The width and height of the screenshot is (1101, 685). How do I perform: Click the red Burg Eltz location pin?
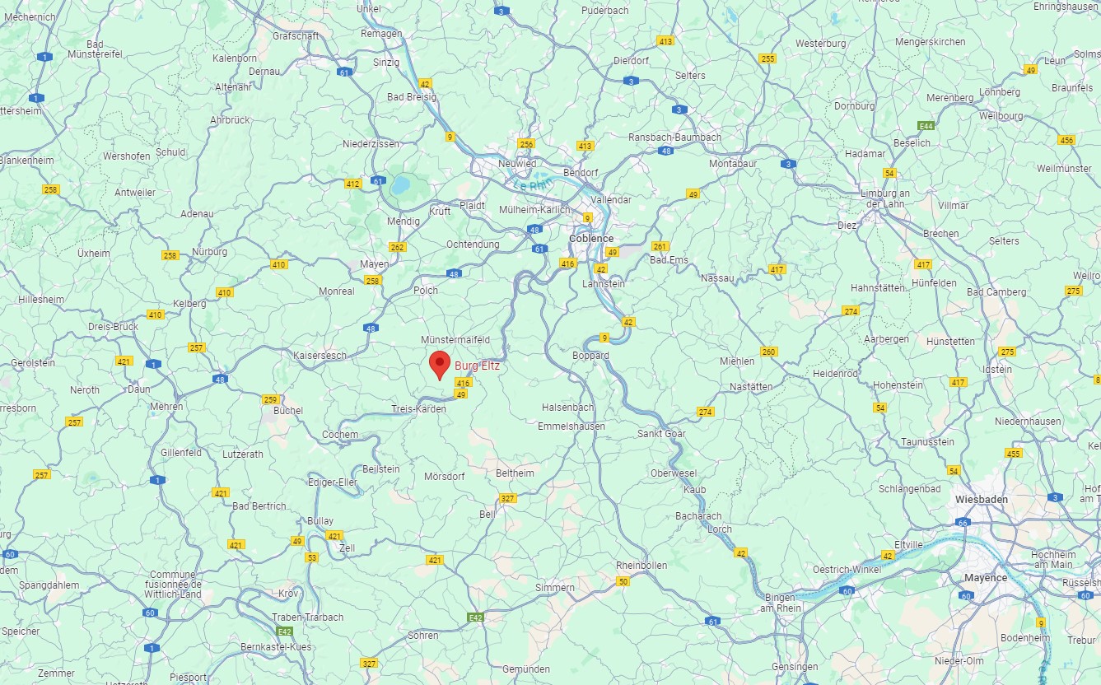tap(441, 363)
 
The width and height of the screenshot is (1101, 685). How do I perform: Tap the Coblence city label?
tap(591, 238)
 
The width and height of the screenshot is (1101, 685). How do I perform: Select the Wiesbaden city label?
tap(982, 500)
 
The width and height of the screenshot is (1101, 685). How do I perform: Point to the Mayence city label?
tap(986, 577)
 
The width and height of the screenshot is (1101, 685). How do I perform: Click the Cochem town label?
tap(340, 435)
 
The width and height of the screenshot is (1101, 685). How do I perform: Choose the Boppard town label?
tap(590, 356)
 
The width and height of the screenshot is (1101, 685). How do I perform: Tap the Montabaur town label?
tap(733, 164)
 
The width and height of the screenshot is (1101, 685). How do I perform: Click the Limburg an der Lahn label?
tap(883, 198)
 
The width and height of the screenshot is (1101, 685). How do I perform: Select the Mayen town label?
tap(375, 264)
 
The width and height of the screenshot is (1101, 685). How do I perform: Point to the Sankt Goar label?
tap(661, 433)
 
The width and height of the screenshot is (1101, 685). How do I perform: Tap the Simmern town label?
tap(555, 588)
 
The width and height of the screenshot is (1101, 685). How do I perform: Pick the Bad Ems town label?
tap(669, 260)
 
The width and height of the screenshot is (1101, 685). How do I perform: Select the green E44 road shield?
tap(926, 126)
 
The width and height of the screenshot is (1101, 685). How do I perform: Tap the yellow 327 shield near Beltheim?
tap(508, 499)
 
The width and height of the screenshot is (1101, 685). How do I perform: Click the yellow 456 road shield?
tap(1067, 140)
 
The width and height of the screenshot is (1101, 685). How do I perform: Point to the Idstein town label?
tap(997, 370)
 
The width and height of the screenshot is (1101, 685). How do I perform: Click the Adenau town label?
tap(197, 213)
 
